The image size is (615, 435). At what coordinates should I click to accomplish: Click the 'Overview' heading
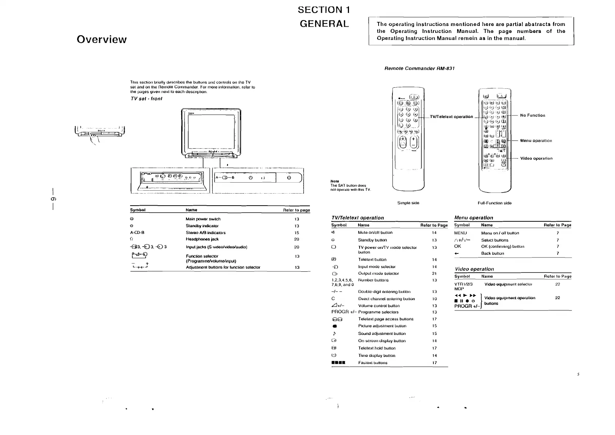(102, 39)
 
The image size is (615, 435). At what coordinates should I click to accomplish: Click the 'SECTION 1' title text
(324, 10)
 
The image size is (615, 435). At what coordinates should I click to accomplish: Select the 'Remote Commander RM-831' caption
(420, 68)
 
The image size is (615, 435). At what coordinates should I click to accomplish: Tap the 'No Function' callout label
(532, 115)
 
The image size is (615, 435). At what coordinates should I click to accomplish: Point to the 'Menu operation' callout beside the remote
(536, 141)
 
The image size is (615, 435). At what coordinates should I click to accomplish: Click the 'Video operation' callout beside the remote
(536, 159)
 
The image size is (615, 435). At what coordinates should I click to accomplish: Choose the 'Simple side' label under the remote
(408, 203)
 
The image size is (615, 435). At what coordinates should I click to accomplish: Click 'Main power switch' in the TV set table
(203, 219)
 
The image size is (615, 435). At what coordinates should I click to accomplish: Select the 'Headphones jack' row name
(202, 239)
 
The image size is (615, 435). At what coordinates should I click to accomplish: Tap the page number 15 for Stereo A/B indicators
(297, 233)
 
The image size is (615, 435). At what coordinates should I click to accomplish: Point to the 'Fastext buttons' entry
(373, 363)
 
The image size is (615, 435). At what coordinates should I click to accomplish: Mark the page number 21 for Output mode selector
(434, 273)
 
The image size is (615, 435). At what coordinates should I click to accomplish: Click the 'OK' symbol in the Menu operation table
(458, 247)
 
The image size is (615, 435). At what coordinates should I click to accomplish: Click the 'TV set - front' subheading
(146, 99)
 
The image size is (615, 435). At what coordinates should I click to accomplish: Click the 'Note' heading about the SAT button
(334, 181)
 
